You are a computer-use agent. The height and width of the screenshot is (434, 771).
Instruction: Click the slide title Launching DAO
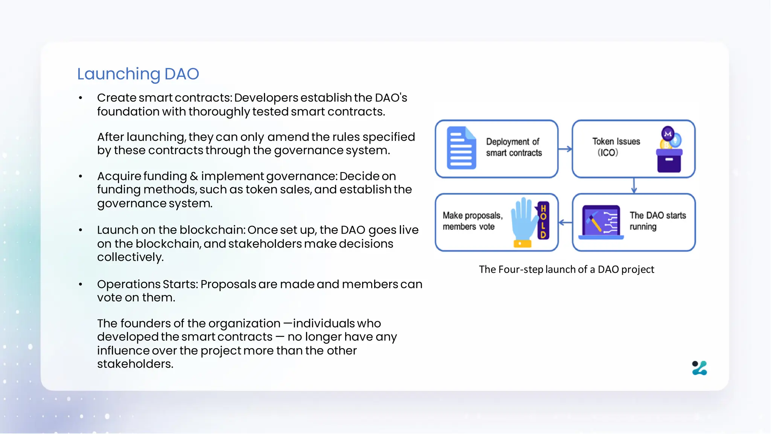[x=138, y=74]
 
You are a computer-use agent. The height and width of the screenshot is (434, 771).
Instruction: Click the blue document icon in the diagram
[x=461, y=148]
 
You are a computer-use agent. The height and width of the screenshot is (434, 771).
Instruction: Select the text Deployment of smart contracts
[x=513, y=147]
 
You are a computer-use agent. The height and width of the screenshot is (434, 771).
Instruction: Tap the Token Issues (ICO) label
[x=616, y=147]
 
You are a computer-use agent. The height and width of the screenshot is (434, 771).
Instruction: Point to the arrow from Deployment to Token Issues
[x=565, y=149]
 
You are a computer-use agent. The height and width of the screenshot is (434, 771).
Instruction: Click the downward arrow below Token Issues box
[x=634, y=185]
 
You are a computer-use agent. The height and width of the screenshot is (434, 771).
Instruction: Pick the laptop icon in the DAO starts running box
[x=601, y=222]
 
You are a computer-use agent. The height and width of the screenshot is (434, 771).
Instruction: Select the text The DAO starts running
[x=657, y=221]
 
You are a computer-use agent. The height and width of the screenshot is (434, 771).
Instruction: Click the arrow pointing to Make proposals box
[x=565, y=223]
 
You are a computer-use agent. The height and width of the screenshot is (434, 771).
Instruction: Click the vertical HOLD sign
[x=543, y=221]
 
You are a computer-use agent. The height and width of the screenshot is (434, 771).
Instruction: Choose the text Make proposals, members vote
[x=472, y=221]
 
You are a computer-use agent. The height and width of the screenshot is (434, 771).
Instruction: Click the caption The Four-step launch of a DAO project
[x=566, y=269]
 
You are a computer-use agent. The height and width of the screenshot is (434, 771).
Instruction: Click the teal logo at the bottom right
[x=699, y=368]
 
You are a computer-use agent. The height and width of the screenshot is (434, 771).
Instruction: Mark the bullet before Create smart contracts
[x=80, y=98]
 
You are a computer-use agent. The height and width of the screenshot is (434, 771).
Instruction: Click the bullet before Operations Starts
[x=80, y=284]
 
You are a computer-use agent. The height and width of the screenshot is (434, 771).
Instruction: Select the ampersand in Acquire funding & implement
[x=194, y=176]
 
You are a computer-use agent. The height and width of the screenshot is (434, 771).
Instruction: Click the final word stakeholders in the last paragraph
[x=135, y=364]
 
